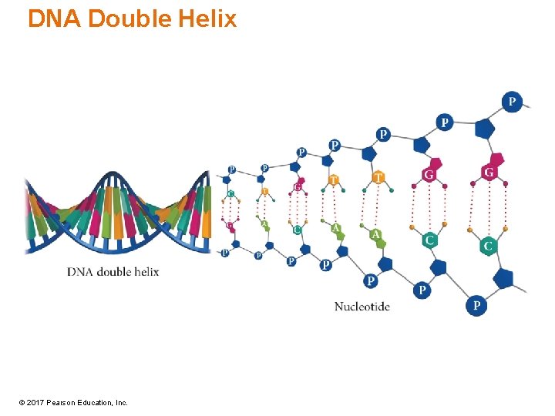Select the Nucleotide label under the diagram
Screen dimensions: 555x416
[x=362, y=307]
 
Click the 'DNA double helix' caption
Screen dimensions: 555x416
[x=113, y=272]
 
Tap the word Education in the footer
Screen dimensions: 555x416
[x=97, y=403]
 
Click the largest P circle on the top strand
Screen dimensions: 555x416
[x=511, y=102]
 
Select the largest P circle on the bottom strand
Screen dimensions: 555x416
[x=476, y=306]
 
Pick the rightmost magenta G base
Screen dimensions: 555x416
[x=489, y=173]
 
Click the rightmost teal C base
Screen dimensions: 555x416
[x=487, y=247]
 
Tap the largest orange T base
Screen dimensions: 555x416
[x=378, y=178]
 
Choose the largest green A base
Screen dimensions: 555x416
[x=375, y=234]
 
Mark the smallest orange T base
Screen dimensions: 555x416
[x=264, y=190]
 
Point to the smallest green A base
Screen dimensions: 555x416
[x=264, y=225]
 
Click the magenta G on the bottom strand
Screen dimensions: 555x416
[x=230, y=225]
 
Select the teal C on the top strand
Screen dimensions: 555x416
[x=230, y=193]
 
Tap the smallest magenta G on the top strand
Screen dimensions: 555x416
[x=298, y=186]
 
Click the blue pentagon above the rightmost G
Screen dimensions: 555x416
[x=485, y=128]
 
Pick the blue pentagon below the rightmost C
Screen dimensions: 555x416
[x=504, y=277]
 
